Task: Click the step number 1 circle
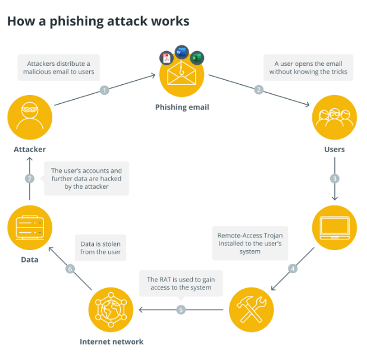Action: tap(105, 90)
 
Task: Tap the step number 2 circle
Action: tap(259, 90)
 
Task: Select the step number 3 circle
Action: tap(335, 179)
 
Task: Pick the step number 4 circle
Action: tap(293, 269)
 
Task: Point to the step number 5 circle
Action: tap(181, 310)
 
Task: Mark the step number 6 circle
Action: tap(70, 269)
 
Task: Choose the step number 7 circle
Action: tap(30, 179)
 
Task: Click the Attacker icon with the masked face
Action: tap(30, 116)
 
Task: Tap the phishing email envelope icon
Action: tap(181, 76)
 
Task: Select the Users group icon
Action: tap(334, 116)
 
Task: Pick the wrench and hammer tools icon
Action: tap(251, 309)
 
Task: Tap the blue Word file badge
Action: tap(181, 52)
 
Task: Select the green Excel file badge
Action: tap(197, 58)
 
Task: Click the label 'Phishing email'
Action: tap(182, 108)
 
